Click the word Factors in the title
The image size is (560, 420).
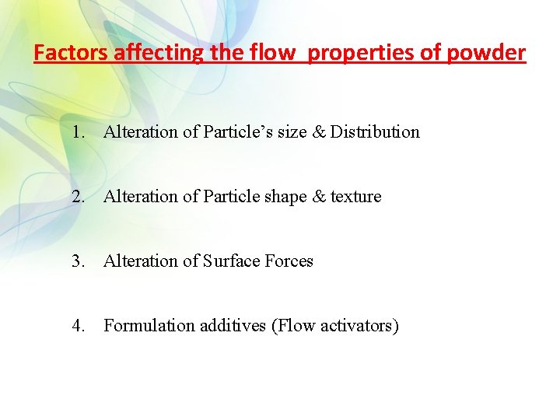point(72,53)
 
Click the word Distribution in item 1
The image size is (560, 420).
point(375,132)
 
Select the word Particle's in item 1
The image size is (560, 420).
point(234,132)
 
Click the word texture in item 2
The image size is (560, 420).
point(356,197)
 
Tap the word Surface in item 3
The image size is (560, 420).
point(231,261)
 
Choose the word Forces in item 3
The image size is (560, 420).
point(289,261)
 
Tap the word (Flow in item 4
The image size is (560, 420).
point(292,326)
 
